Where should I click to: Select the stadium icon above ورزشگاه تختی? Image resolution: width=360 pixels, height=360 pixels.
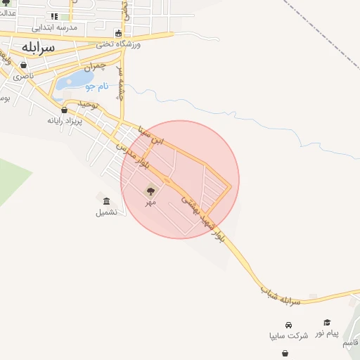point(118,33)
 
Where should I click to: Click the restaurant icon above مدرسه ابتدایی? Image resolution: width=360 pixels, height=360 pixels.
point(54,15)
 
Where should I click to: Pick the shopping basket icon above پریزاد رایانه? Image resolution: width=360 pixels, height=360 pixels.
point(65,109)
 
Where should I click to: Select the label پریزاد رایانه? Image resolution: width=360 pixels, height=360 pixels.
point(65,120)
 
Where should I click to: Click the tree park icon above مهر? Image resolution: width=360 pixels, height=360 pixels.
point(150,190)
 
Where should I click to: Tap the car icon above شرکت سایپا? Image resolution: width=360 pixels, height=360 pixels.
point(289,325)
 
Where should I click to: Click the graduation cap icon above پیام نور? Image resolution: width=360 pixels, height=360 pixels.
point(327,322)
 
